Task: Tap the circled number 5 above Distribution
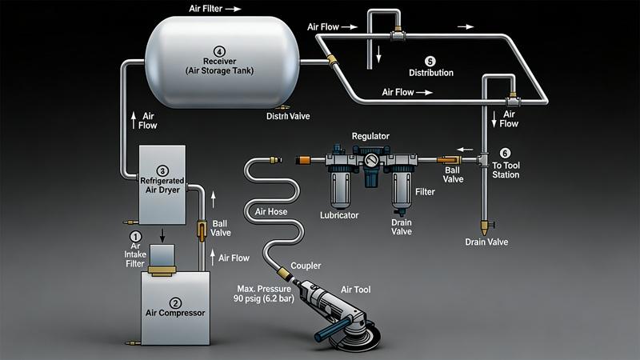(430, 60)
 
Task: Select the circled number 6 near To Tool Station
(504, 153)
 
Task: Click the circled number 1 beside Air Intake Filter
(135, 236)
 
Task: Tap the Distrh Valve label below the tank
(287, 116)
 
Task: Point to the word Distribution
(430, 73)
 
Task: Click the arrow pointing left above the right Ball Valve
(462, 148)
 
